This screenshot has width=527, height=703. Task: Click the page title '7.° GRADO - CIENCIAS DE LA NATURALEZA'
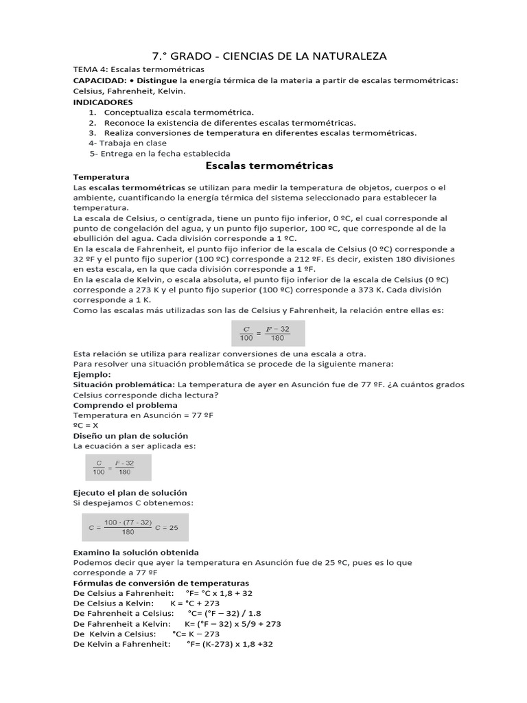(x=263, y=56)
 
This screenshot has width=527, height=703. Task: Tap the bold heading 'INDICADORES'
(x=102, y=101)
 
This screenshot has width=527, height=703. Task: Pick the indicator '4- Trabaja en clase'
(x=128, y=143)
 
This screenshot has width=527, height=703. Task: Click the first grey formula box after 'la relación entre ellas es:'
(x=266, y=334)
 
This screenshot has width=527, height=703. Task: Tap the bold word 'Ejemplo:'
(x=91, y=375)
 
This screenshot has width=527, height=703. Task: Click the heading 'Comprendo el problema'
(x=125, y=405)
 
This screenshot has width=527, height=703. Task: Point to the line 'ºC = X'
(x=87, y=426)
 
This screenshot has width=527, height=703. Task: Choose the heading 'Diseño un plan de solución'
(x=130, y=436)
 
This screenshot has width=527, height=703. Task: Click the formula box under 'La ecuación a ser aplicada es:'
(x=118, y=468)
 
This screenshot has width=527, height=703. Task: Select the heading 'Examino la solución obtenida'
(x=136, y=552)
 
